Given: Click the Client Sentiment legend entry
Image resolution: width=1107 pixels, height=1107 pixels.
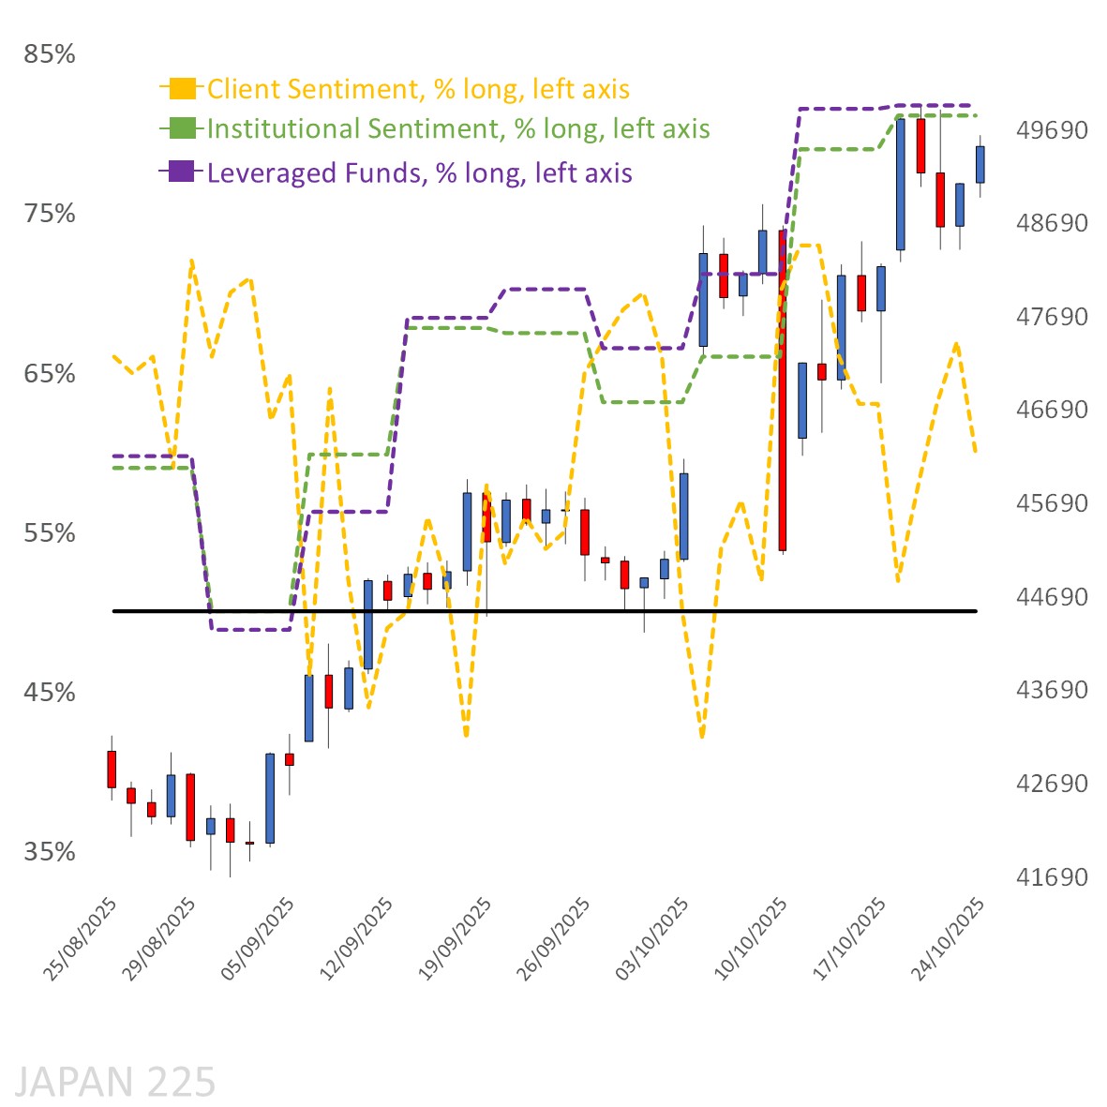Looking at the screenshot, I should [x=417, y=89].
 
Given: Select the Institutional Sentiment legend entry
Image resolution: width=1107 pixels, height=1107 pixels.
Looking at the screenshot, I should [x=457, y=128].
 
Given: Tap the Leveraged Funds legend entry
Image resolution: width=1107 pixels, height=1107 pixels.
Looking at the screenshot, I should [x=419, y=172].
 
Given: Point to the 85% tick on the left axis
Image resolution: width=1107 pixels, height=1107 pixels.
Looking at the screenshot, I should [x=50, y=54].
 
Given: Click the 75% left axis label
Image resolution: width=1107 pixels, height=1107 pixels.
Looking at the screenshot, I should [x=50, y=214].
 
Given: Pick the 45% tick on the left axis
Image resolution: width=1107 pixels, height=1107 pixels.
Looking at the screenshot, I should [x=50, y=692].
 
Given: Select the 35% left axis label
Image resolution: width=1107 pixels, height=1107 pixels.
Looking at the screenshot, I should [x=50, y=851].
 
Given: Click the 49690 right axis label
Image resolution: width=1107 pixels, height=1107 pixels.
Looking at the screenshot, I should [x=1053, y=129].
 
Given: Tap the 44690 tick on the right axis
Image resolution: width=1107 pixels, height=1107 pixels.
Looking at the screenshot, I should [x=1053, y=596].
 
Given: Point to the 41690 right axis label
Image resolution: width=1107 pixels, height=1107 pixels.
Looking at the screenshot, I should [x=1053, y=876].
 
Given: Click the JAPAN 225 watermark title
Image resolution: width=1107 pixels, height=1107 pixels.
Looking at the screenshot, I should [x=115, y=1082].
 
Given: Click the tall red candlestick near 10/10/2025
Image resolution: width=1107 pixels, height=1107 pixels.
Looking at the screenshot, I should [x=782, y=390].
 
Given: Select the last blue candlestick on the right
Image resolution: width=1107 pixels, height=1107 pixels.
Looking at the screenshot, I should [x=980, y=164].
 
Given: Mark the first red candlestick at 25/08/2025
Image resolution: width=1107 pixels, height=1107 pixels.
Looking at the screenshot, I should [x=112, y=769].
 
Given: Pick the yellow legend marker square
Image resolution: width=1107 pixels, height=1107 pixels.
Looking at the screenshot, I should [x=183, y=88].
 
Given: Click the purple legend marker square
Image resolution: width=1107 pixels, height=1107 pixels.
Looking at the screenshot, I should [x=183, y=172].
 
